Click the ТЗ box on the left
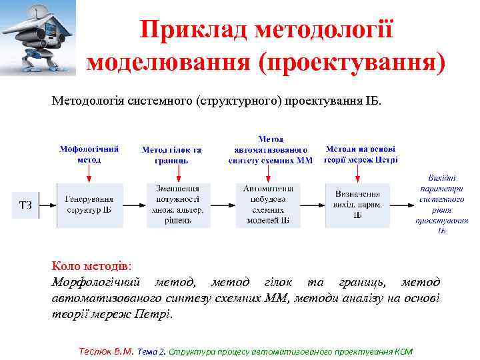(25, 204)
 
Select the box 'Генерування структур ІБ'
(89, 204)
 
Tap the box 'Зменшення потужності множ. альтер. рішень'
(178, 204)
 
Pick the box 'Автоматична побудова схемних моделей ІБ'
(267, 204)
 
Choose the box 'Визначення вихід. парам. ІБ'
(358, 204)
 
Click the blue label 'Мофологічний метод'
(89, 155)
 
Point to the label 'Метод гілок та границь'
(171, 155)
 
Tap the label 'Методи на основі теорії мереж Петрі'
(361, 155)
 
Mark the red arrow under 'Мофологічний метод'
(89, 172)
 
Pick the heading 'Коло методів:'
(92, 267)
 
